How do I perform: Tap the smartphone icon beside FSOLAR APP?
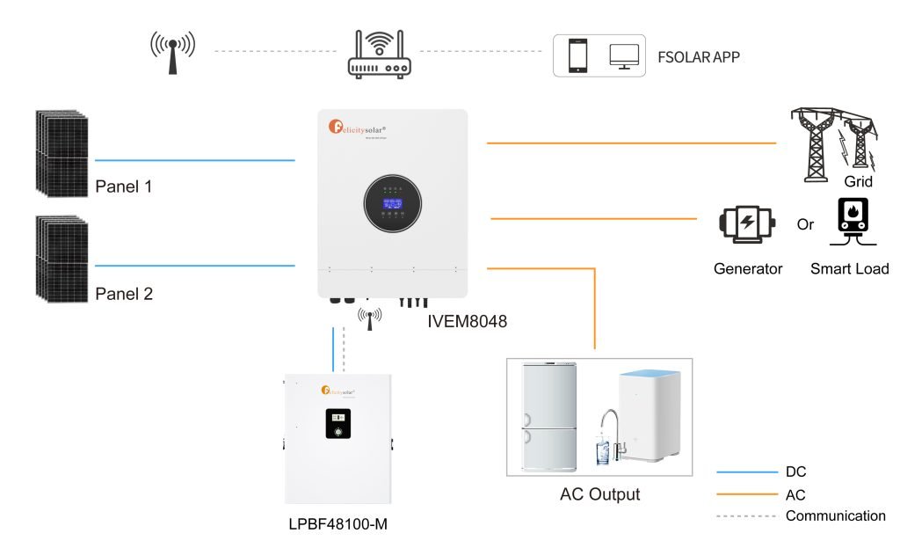(577, 55)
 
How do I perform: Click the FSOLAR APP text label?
(699, 58)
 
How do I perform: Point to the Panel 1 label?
(124, 187)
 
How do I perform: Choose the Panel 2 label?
(124, 294)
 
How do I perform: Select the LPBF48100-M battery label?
(337, 524)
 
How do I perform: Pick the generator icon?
(747, 223)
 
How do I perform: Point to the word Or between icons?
(805, 223)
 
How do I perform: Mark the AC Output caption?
(599, 493)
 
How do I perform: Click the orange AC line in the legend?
(747, 495)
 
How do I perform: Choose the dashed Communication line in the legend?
(747, 516)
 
